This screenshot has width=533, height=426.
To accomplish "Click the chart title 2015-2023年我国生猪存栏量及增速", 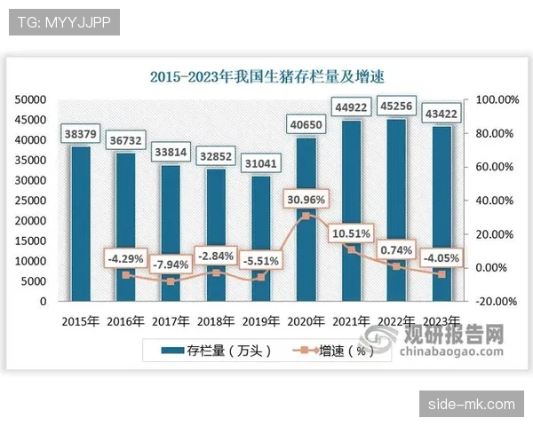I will (x=266, y=77).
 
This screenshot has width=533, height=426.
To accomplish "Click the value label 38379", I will (x=80, y=134).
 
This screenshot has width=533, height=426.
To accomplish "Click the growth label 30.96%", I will (x=306, y=199).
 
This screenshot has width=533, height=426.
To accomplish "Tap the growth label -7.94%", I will (x=170, y=264).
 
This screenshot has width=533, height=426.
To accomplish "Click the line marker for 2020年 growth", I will (x=306, y=216).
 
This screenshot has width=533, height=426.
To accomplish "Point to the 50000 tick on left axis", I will (x=31, y=99).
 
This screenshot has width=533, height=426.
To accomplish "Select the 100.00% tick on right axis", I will (x=497, y=99).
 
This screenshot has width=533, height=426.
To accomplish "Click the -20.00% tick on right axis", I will (x=497, y=301).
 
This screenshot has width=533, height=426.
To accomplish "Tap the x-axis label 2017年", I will (x=170, y=320).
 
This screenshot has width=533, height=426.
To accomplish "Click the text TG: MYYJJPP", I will (x=63, y=21).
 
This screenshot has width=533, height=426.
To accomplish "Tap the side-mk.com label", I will (x=471, y=404).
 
